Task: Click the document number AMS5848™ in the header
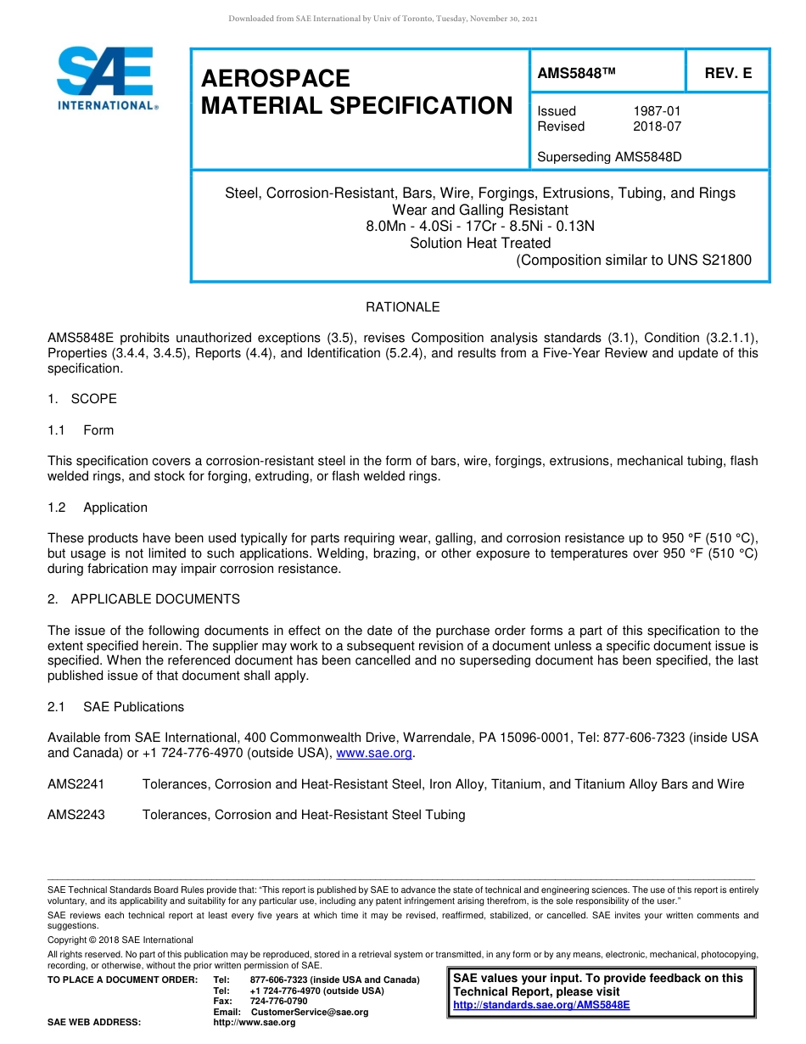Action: (x=575, y=74)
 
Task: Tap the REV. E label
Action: (x=728, y=74)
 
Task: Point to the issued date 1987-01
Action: (x=657, y=111)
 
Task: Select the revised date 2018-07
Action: (x=657, y=126)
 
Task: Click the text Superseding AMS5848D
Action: (x=609, y=157)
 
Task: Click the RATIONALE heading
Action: (x=402, y=307)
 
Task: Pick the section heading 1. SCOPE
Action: (x=82, y=399)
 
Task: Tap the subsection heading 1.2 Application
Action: (x=98, y=508)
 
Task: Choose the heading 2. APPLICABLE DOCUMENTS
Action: (x=143, y=599)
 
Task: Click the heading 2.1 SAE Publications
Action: (x=115, y=707)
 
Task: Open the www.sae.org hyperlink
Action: (x=374, y=754)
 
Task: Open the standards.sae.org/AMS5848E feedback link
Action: (x=541, y=1005)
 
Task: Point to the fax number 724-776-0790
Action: (x=279, y=1002)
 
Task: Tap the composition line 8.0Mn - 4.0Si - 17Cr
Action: (x=480, y=226)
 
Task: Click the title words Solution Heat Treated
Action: (x=480, y=243)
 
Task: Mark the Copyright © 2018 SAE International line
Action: (x=120, y=940)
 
